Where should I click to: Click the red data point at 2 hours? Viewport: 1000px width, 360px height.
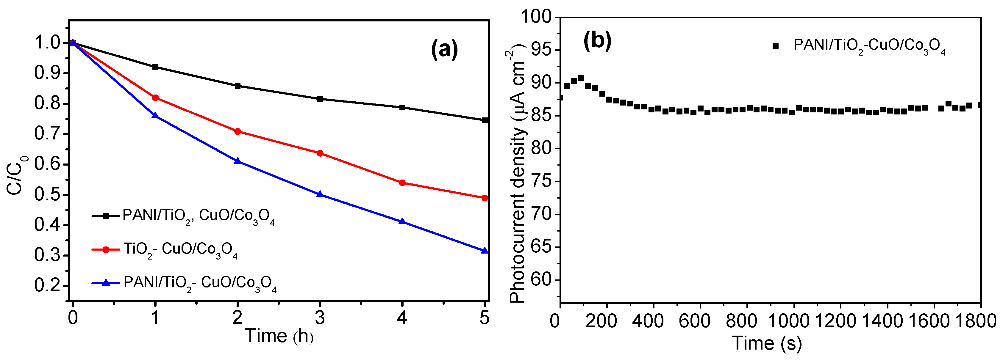point(237,131)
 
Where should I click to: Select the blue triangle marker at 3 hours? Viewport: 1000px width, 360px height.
point(320,194)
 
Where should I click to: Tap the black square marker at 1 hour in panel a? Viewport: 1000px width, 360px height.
point(155,67)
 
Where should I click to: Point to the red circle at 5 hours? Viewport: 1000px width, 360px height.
point(484,198)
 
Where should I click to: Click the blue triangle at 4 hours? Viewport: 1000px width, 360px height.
point(402,221)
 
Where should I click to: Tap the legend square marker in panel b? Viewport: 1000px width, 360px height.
point(775,45)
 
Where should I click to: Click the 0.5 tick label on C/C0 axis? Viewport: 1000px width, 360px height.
point(48,195)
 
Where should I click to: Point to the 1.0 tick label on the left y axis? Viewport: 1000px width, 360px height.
point(48,43)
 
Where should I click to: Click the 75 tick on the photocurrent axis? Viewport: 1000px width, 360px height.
point(541,182)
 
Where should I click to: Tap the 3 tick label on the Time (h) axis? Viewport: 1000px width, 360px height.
point(320,318)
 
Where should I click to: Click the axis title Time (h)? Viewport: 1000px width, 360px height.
point(279,336)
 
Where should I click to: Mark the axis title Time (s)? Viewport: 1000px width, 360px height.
point(767,343)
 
